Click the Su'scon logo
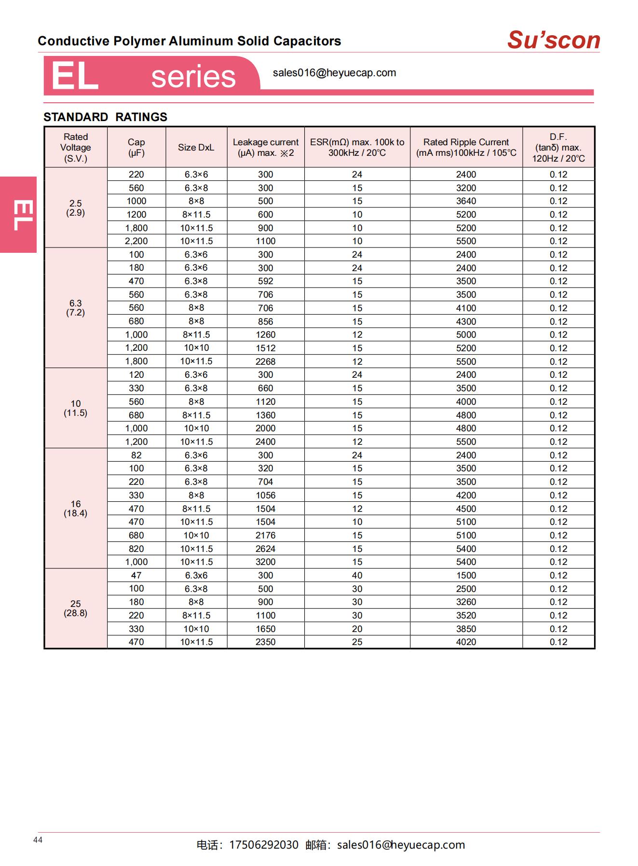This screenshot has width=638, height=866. click(554, 40)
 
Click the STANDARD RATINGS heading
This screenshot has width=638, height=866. click(105, 117)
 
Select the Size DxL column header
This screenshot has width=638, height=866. click(196, 148)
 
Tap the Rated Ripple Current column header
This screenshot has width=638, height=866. click(466, 148)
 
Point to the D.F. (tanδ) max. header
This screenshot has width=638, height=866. click(558, 148)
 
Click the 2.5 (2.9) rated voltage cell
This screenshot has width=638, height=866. click(76, 208)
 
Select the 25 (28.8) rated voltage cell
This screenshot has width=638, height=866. click(76, 608)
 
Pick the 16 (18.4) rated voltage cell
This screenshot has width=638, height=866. click(76, 509)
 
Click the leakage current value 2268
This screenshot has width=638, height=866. click(265, 361)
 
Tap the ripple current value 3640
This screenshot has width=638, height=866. click(466, 201)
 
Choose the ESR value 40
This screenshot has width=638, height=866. click(357, 575)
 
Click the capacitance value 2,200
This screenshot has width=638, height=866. click(136, 241)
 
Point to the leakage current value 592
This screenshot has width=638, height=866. click(265, 281)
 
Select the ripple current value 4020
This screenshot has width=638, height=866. click(466, 642)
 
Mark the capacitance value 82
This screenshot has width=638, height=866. click(136, 455)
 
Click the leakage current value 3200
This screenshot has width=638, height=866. click(265, 562)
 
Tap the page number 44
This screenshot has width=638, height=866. click(38, 840)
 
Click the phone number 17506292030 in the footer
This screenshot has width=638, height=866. click(263, 845)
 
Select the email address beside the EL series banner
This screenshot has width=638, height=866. click(334, 73)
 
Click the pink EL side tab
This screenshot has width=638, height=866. click(18, 215)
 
